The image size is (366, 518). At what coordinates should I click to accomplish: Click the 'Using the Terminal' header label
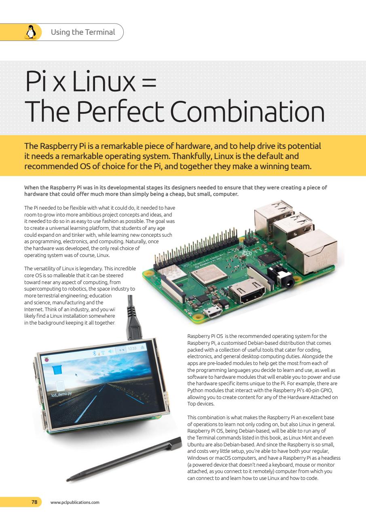83,32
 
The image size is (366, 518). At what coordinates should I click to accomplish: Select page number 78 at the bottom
34,502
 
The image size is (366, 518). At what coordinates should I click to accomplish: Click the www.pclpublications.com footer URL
75,503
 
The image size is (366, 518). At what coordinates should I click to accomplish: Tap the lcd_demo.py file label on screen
61,393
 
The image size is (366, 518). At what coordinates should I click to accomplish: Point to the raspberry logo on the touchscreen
47,359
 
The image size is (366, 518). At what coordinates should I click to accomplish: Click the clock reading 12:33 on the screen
132,348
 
